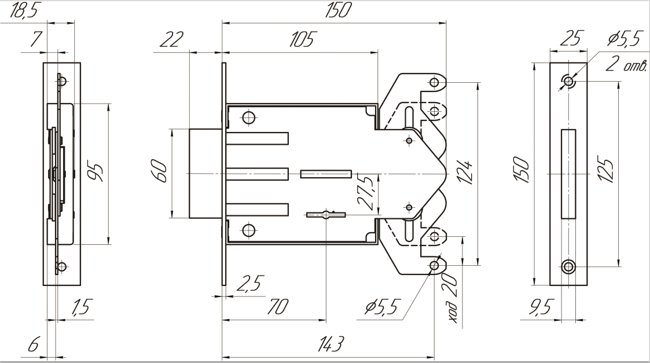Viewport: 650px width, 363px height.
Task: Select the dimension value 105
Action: click(301, 41)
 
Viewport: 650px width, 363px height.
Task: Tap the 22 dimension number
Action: click(172, 41)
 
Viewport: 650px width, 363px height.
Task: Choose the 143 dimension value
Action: click(329, 345)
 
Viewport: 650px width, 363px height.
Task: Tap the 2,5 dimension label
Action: click(249, 284)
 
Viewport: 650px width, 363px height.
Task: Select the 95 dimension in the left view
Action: click(98, 173)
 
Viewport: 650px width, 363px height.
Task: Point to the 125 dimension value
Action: click(608, 171)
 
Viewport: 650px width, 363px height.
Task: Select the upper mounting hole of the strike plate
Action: click(569, 81)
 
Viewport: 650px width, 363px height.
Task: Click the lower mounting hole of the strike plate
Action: click(569, 266)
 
